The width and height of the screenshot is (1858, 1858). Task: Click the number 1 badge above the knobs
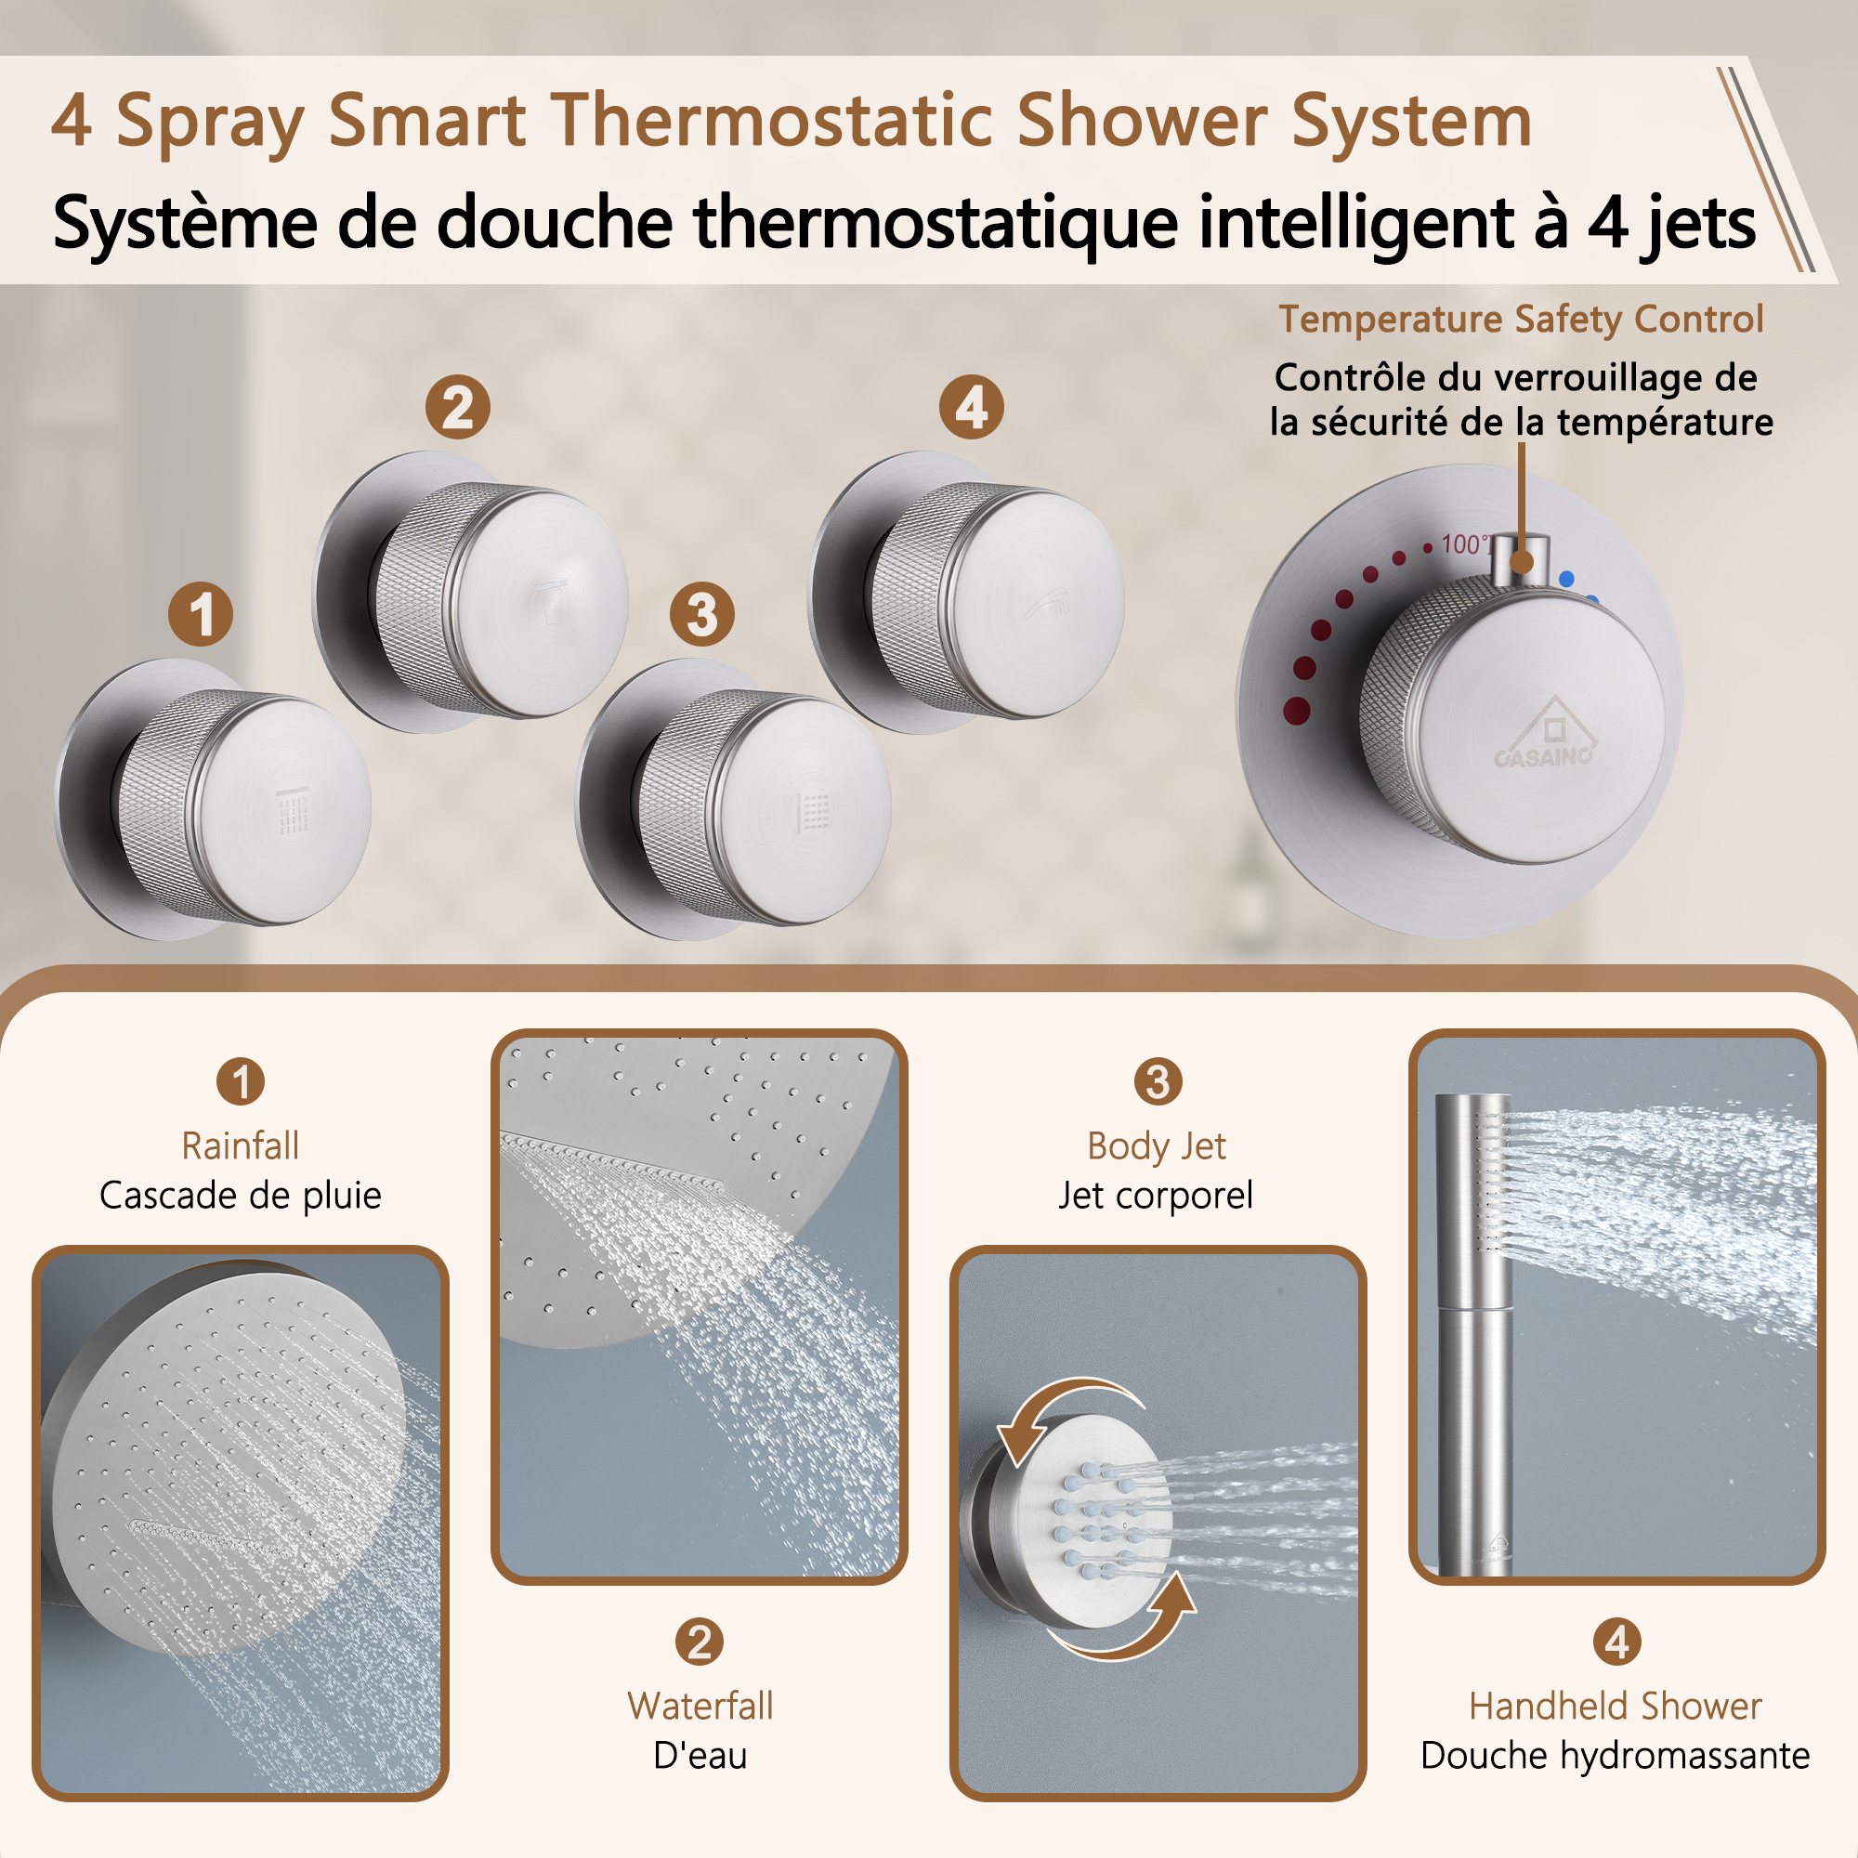coord(200,613)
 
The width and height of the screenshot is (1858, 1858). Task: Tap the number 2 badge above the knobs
coord(458,407)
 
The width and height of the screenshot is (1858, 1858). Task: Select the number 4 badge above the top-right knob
coord(972,407)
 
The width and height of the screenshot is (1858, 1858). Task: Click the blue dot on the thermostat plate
coord(1566,579)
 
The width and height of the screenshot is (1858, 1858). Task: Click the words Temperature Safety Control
coord(1521,320)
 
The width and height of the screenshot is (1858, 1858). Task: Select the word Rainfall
coord(241,1145)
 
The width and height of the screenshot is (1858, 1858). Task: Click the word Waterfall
coord(700,1706)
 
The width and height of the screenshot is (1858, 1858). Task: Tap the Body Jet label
coord(1156,1145)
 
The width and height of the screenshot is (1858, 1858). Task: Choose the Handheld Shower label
coord(1615,1706)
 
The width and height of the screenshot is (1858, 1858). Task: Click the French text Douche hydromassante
coord(1615,1755)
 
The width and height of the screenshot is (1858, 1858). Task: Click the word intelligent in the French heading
coord(1355,223)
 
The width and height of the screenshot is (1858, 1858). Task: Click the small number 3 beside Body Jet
coord(1157,1081)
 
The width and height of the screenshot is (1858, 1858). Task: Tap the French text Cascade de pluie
coord(241,1196)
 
